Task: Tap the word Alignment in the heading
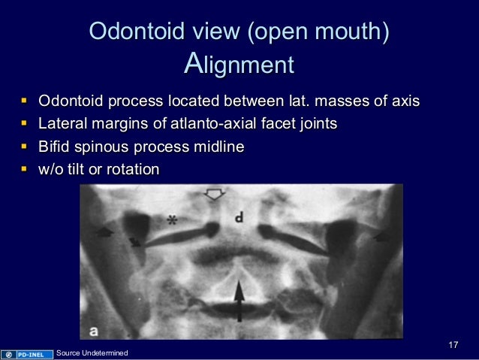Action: point(239,64)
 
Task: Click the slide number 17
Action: point(452,344)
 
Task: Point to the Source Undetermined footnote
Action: point(92,353)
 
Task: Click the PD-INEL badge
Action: point(28,353)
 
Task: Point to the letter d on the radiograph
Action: point(239,218)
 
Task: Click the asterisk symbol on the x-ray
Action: point(173,221)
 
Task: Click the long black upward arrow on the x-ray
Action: point(239,296)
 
